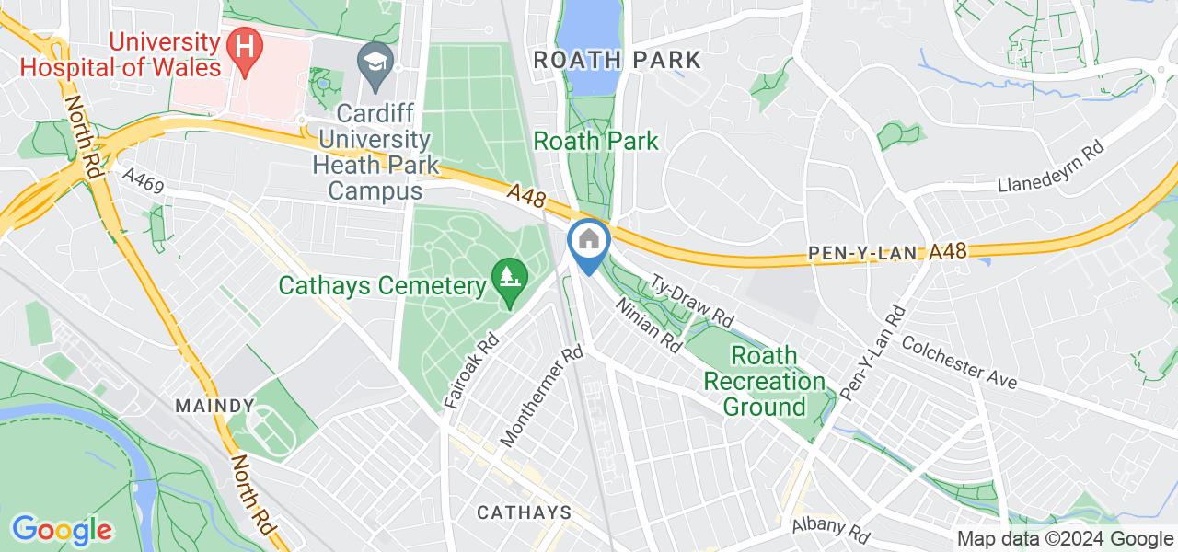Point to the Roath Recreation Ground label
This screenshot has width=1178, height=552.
coord(765,380)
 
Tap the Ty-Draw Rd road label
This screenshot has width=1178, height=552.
coord(693,299)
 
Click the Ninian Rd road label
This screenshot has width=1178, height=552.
coord(648,325)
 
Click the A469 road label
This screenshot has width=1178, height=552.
coord(142,185)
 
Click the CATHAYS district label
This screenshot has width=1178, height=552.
coord(524,512)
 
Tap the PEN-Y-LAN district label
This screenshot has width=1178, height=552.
coord(864,252)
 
